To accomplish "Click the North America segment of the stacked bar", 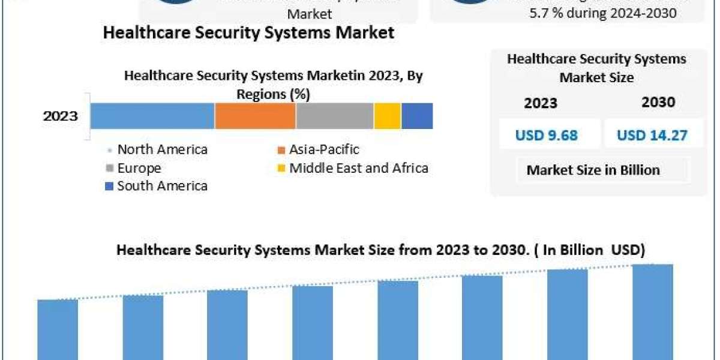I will coord(152,116).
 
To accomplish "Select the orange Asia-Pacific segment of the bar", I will coord(255,116).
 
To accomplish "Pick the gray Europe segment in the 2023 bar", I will coord(335,116).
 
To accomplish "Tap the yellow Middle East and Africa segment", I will coord(388,116).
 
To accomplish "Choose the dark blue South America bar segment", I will coord(417,116).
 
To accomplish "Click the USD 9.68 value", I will coord(546,136).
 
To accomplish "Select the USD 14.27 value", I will coord(652,136).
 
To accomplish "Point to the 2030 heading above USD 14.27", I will coord(658,103).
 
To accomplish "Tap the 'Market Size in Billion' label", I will coord(593,170).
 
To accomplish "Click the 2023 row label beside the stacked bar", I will coord(60,116).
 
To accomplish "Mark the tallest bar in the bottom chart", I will coord(652,312).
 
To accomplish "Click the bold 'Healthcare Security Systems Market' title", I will coord(248,32).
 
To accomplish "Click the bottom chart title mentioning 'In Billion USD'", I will coord(380,250).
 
